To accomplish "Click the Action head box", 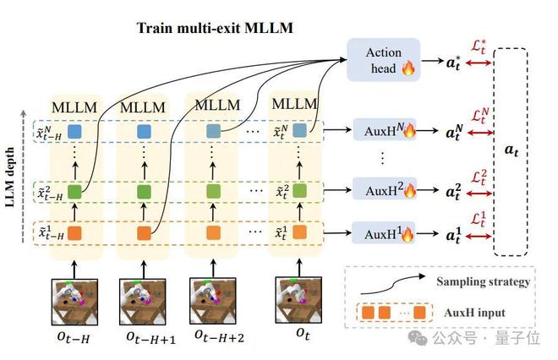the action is (x=383, y=60).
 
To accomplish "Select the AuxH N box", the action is (x=385, y=130).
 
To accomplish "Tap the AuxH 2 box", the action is (x=385, y=189).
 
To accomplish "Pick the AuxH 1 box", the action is (x=384, y=233).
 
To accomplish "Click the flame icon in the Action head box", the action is (x=408, y=67).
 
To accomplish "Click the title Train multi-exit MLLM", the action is (x=215, y=28).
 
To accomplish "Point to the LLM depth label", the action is (x=10, y=177).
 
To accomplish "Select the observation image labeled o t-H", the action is (x=74, y=302).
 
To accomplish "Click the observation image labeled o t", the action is (x=298, y=300).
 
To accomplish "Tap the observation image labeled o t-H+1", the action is (x=142, y=302).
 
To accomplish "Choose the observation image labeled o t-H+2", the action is (x=213, y=301).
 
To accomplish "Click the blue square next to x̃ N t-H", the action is (x=74, y=131).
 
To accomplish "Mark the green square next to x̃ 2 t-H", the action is (x=74, y=191).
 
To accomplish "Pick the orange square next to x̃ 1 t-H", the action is (x=74, y=233).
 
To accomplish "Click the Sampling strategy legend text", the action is (x=484, y=282).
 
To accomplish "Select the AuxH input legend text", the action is (x=475, y=313).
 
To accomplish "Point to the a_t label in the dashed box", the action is (x=511, y=150).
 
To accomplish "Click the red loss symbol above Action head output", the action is (x=479, y=47).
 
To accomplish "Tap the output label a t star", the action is (x=453, y=63).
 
